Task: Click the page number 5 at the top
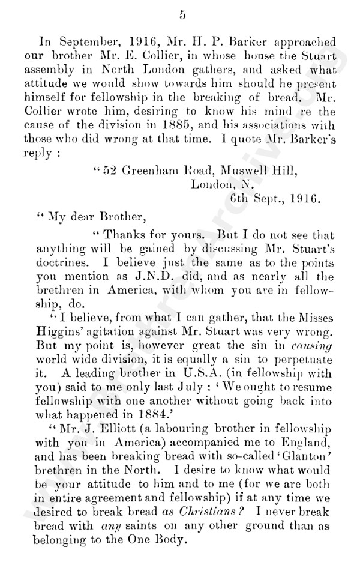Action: click(x=182, y=15)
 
